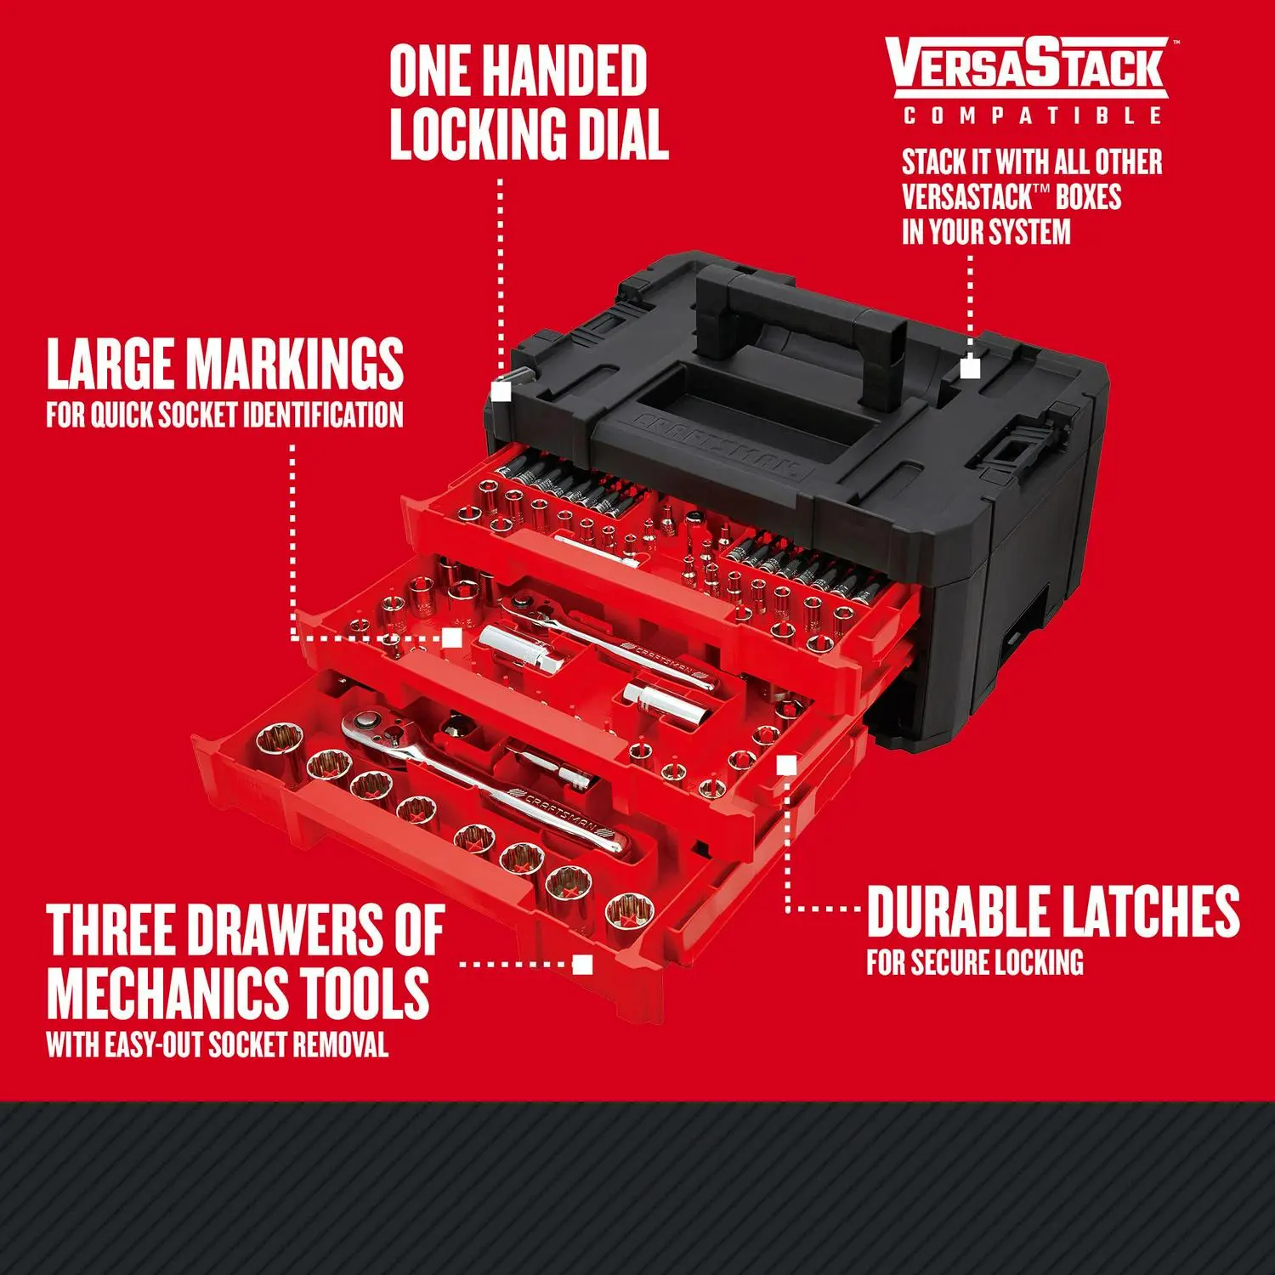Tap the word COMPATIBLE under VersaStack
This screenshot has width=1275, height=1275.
(1032, 116)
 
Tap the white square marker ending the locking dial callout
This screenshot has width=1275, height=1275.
(501, 391)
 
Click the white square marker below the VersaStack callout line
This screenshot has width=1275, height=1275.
(970, 368)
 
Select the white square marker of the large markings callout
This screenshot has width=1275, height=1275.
(452, 637)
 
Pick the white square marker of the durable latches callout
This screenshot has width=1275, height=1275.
(786, 766)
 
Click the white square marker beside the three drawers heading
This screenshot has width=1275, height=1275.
(582, 964)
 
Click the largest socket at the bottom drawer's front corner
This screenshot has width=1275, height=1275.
(629, 914)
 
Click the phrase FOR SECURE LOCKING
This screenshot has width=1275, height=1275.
(974, 962)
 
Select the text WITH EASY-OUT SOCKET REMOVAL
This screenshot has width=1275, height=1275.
(218, 1044)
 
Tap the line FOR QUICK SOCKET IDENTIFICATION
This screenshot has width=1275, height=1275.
(224, 415)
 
